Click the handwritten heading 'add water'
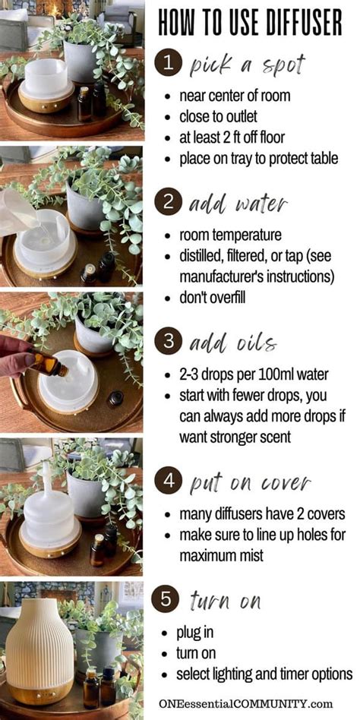click(x=238, y=204)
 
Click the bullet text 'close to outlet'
click(x=218, y=117)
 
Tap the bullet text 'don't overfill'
click(x=212, y=297)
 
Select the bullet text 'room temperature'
click(x=230, y=235)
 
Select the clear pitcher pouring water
click(x=18, y=213)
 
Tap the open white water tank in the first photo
click(x=46, y=79)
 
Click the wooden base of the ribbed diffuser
click(x=40, y=690)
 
